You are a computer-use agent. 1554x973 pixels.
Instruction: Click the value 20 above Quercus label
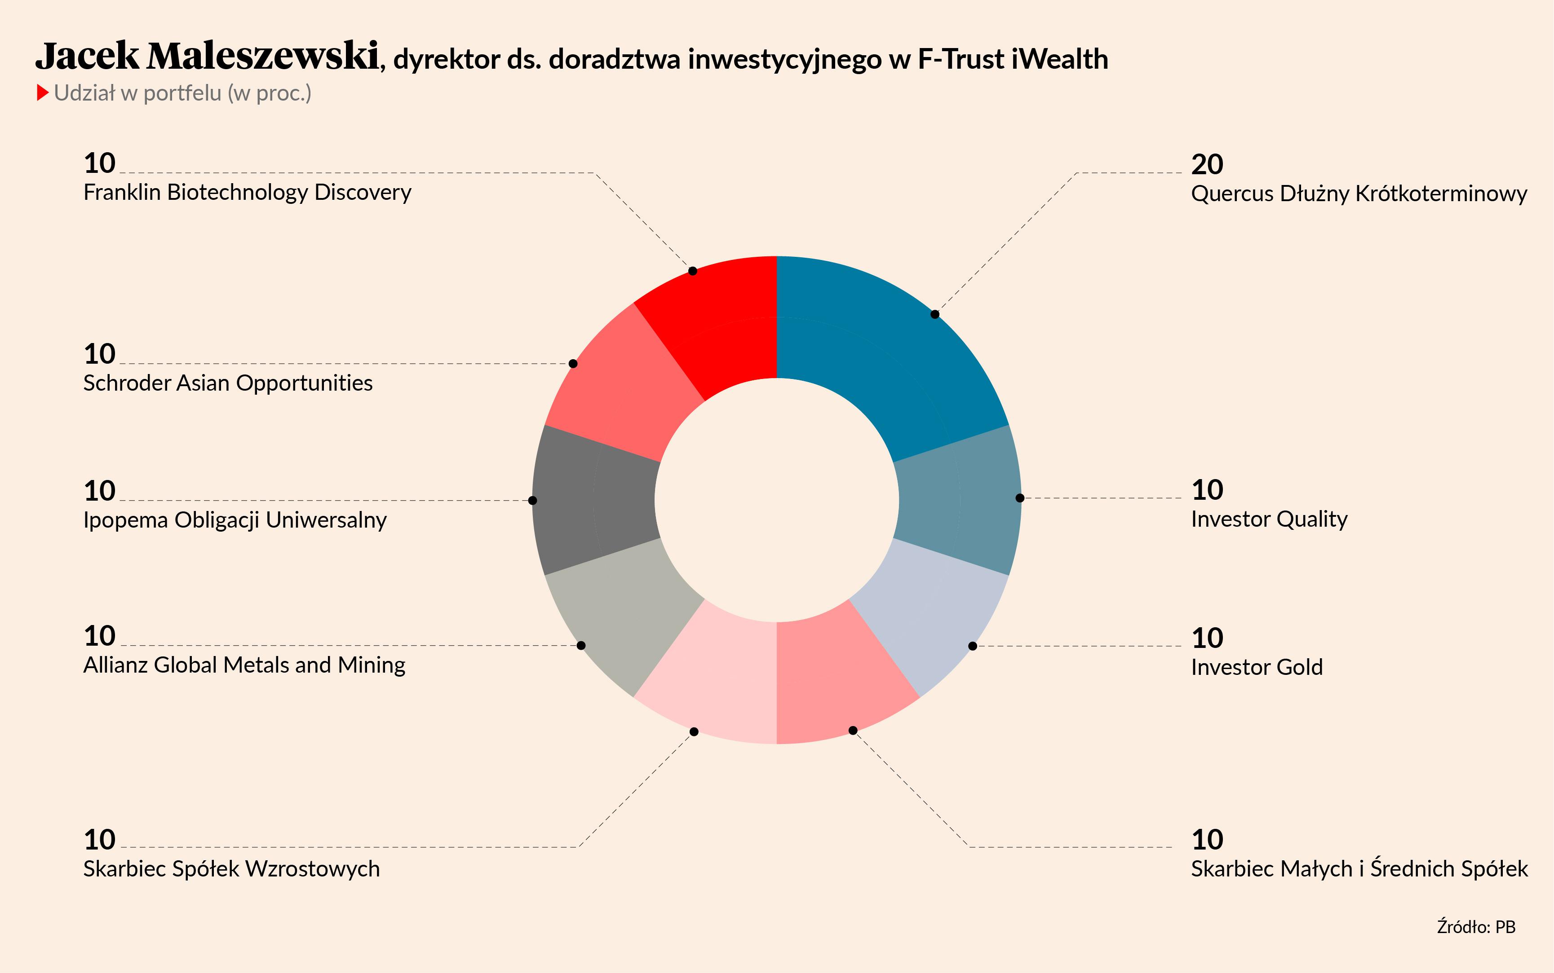click(x=1207, y=165)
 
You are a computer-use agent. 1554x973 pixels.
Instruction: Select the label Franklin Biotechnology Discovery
click(x=247, y=193)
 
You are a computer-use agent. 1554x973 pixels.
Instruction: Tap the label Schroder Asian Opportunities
click(x=228, y=383)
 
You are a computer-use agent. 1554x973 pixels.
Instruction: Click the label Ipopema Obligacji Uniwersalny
click(x=235, y=520)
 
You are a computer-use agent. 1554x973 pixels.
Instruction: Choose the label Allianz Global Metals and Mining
click(x=244, y=665)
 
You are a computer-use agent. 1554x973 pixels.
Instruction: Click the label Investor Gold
click(x=1257, y=667)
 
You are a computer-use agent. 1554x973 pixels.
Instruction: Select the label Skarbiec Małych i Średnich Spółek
click(x=1359, y=869)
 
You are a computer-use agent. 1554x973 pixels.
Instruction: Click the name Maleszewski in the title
click(x=263, y=56)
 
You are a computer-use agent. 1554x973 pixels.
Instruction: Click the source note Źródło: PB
click(x=1476, y=927)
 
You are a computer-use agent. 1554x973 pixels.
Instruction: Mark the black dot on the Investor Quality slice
click(x=1020, y=498)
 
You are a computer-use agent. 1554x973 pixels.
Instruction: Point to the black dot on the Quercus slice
click(x=935, y=314)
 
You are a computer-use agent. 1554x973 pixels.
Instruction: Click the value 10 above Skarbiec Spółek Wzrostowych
click(x=100, y=840)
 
